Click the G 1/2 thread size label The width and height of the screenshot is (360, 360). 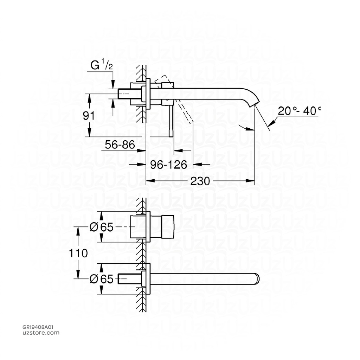(102, 66)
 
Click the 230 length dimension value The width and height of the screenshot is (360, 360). (200, 181)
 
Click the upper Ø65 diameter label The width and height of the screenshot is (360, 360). (102, 227)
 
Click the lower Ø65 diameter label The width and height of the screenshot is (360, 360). (102, 279)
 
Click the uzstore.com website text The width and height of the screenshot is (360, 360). (40, 333)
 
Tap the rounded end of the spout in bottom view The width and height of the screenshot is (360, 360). (257, 279)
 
